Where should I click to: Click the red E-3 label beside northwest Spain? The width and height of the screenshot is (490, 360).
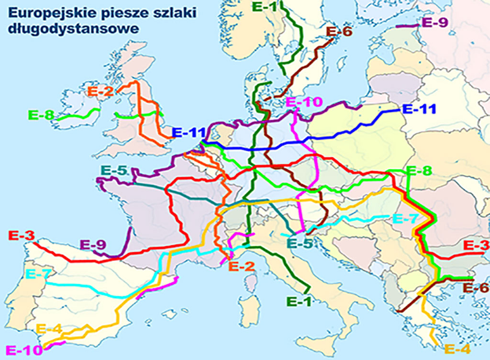[x=20, y=234]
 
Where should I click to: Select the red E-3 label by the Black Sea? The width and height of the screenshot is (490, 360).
[x=476, y=246]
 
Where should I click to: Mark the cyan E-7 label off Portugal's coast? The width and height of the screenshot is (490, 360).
[x=37, y=274]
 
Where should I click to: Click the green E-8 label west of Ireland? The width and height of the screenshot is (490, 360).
[x=41, y=114]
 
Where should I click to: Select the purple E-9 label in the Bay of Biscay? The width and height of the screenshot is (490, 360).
[x=94, y=246]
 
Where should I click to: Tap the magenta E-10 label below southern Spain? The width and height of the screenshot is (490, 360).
[x=21, y=350]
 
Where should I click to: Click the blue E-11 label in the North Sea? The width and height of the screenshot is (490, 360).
[x=187, y=132]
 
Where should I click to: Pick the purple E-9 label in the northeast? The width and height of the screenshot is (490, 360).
[x=435, y=23]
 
